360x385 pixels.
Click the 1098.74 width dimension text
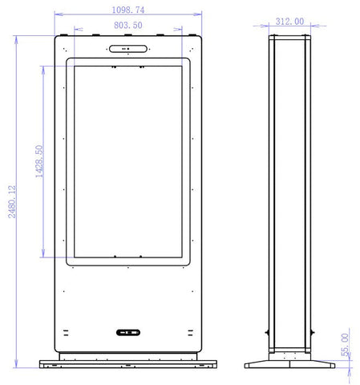tap(128, 10)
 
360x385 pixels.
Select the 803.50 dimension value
tap(128, 25)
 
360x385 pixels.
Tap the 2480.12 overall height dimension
tap(12, 202)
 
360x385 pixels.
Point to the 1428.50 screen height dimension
tap(39, 161)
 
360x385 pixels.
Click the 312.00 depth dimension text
tap(289, 22)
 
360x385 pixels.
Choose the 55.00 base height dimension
tap(345, 345)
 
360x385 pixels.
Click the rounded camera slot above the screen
tap(128, 49)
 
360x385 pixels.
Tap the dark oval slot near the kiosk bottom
tap(128, 332)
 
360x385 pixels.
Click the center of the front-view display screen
tap(128, 162)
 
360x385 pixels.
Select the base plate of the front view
tap(128, 364)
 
